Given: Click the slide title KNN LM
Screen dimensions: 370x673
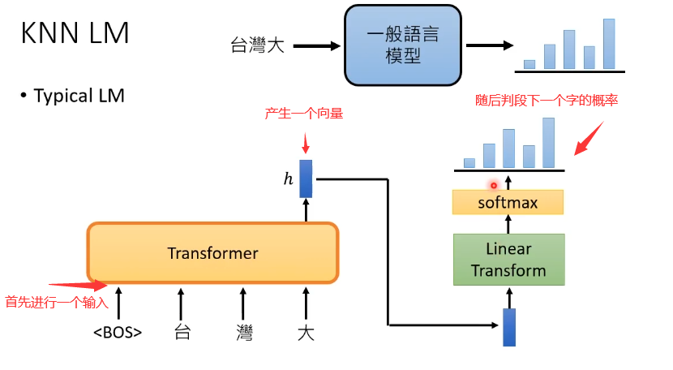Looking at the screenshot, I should (75, 33).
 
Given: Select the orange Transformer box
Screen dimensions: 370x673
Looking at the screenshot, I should (212, 253).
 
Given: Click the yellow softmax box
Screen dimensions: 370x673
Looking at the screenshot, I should (508, 202).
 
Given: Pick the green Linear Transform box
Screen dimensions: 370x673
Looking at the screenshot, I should (508, 260).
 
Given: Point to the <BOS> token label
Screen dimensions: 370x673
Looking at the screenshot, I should (118, 332).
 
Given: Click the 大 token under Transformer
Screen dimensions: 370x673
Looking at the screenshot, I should (305, 332).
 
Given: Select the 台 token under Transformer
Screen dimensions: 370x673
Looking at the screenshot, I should (181, 332).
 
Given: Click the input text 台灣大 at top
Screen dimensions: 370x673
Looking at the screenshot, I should (257, 45).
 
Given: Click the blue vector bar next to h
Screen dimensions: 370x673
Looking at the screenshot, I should (306, 179).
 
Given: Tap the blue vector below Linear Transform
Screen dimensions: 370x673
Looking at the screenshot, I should (509, 327).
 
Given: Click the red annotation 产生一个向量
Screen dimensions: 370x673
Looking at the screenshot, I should (304, 114).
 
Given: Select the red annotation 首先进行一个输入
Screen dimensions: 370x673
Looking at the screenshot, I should (56, 302).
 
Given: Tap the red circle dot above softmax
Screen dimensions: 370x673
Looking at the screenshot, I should (493, 186).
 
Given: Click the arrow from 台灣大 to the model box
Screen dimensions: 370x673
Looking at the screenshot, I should (315, 45).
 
